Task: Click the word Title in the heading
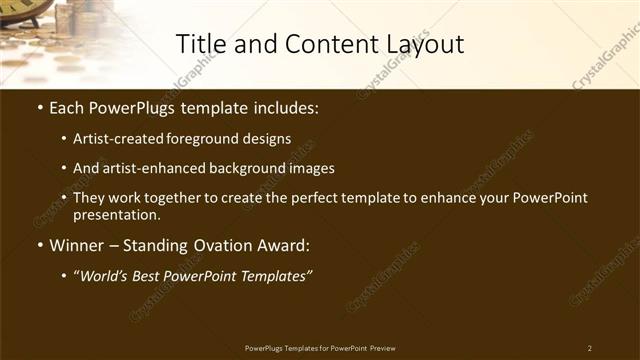198,44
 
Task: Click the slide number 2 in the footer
590,348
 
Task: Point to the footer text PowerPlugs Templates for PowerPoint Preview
320,348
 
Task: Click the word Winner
77,245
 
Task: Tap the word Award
289,245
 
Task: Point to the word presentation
117,214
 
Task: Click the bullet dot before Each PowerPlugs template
39,106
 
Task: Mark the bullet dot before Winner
39,245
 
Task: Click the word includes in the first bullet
288,106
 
